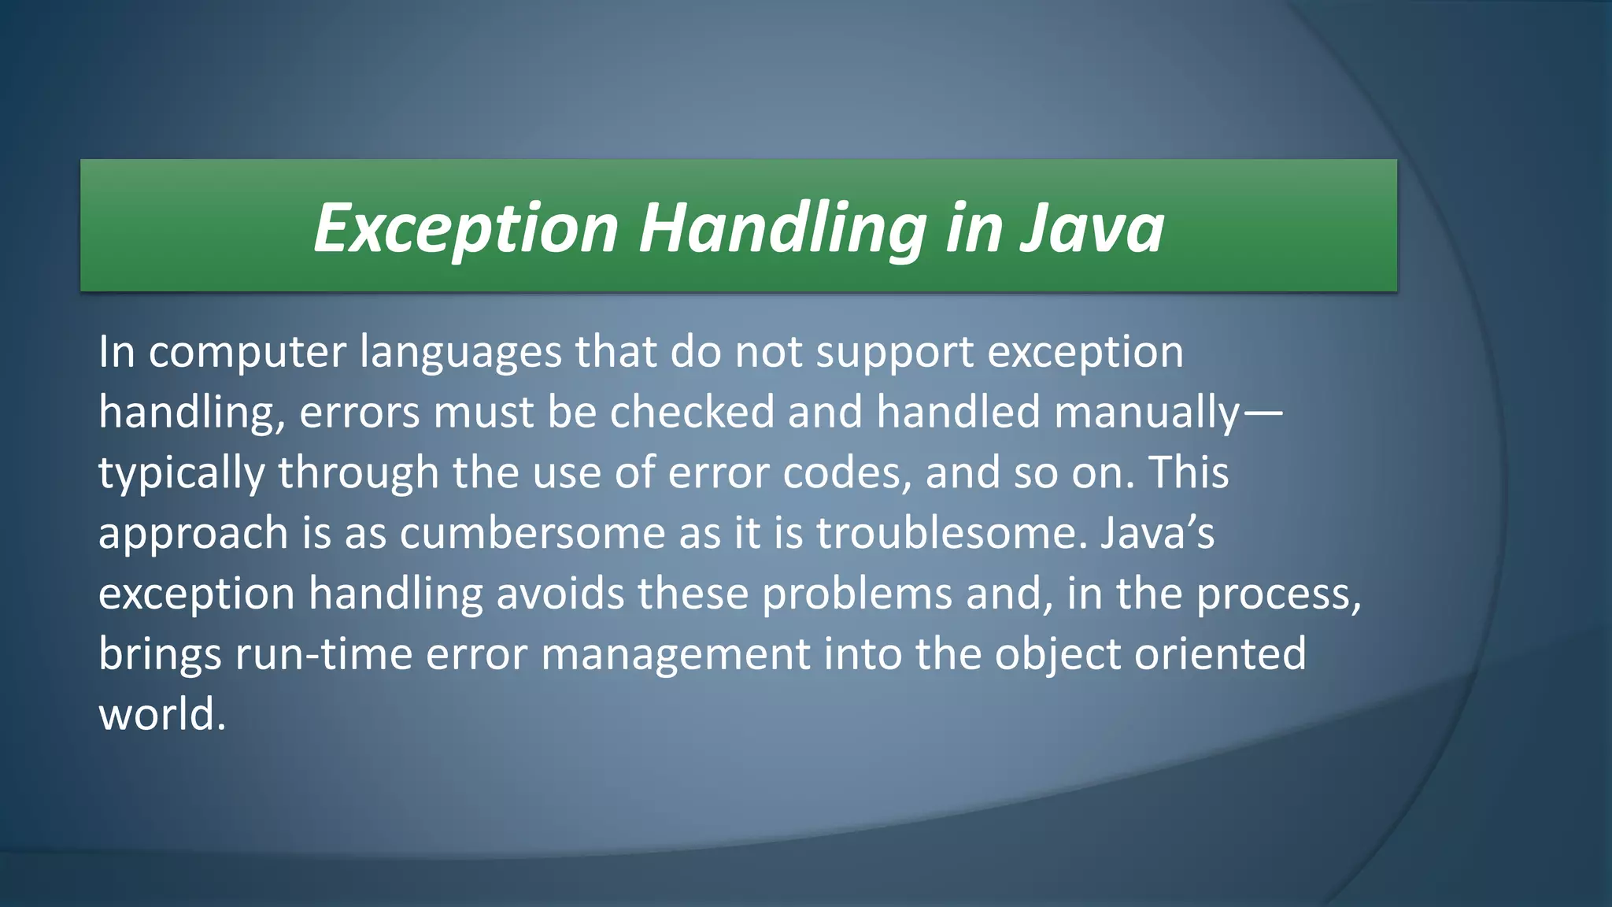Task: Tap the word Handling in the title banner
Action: point(782,228)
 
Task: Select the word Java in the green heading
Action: point(1092,228)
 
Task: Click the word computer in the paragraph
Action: point(247,352)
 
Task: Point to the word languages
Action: point(460,352)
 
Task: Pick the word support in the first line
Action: point(895,352)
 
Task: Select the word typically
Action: point(181,473)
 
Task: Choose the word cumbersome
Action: point(532,533)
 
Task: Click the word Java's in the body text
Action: point(1157,533)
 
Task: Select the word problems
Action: point(857,594)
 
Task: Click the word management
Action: point(675,654)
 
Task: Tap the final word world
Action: point(161,715)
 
